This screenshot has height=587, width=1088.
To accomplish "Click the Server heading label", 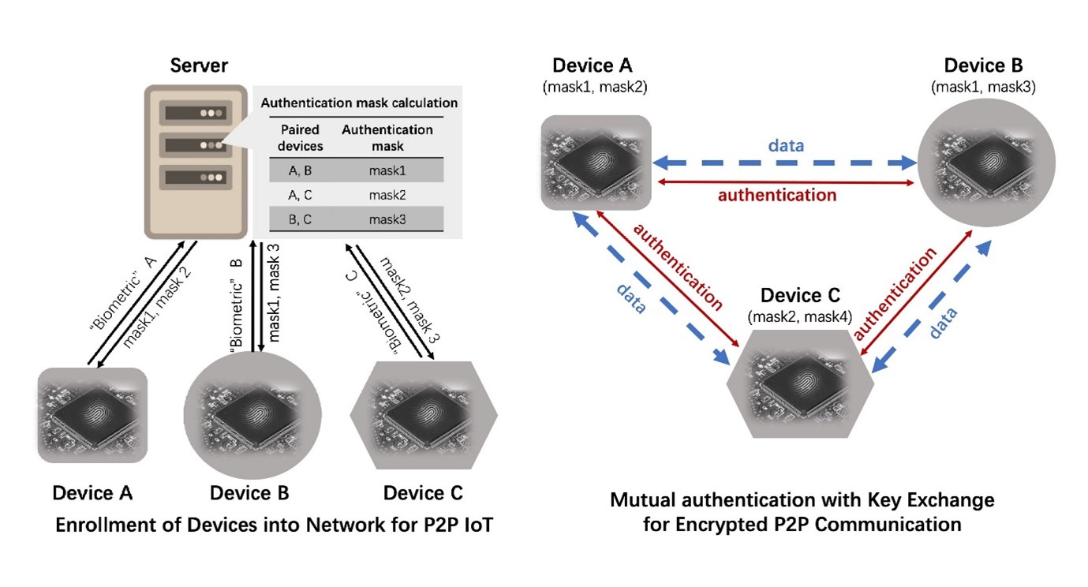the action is (199, 65).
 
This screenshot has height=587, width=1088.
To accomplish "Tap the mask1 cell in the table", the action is (387, 170).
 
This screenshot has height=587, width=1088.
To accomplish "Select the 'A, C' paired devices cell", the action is (300, 195).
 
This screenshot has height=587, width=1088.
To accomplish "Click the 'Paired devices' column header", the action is (300, 138).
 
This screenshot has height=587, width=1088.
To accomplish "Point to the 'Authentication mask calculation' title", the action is (360, 103).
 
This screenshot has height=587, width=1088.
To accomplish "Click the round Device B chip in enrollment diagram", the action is (252, 415).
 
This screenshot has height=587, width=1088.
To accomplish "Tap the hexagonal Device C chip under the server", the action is (424, 415).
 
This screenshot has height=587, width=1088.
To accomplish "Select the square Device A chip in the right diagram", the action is (596, 163).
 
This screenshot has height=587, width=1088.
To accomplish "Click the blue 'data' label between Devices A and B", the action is (786, 146).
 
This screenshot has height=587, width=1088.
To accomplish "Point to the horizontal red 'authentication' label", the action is (777, 195).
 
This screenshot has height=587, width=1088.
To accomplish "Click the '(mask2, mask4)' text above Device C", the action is (800, 317).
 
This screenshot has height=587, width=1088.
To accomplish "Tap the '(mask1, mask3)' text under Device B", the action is (984, 87).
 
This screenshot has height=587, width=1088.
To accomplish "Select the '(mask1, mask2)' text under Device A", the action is (595, 87).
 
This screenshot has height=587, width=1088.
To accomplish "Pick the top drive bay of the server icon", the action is (195, 113).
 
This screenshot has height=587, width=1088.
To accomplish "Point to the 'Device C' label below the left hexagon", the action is (423, 493).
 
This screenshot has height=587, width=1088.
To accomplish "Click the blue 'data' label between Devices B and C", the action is (943, 323).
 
